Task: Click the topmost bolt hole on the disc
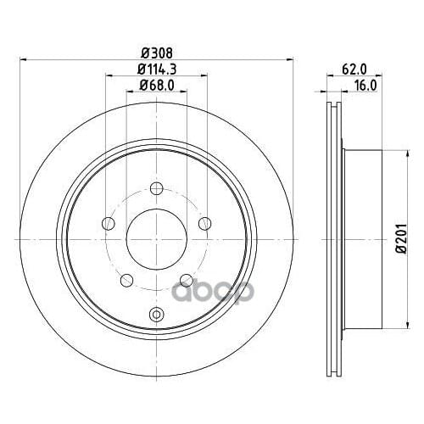[x=156, y=188]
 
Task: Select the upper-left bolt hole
[x=107, y=223]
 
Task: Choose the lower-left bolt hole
[x=126, y=279]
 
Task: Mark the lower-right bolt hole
[x=186, y=279]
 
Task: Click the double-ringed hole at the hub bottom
[x=156, y=315]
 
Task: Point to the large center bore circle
[x=156, y=238]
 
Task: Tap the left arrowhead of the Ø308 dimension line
[x=24, y=59]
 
